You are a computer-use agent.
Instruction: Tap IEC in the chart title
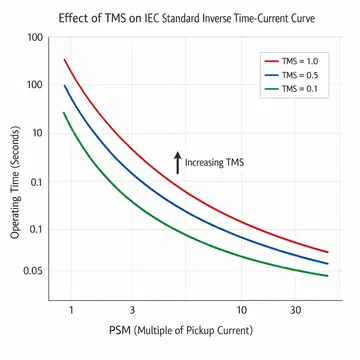tap(162, 14)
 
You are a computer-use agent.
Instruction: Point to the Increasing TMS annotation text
tap(215, 161)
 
